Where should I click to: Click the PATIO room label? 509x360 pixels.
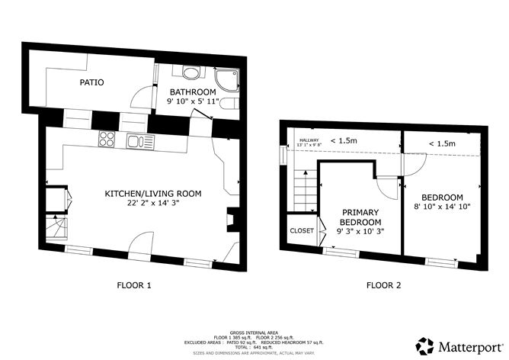[x=91, y=82]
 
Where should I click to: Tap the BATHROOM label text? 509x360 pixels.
[x=193, y=92]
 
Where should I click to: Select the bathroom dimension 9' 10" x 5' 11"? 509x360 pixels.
[x=194, y=101]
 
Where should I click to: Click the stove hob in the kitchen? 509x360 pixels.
[x=107, y=140]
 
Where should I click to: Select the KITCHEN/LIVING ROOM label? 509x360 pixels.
[x=152, y=194]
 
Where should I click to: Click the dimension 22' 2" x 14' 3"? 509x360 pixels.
[x=152, y=204]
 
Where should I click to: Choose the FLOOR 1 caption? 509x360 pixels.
[x=134, y=286]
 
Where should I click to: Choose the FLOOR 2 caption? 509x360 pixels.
[x=384, y=286]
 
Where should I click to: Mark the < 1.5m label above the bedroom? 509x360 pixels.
[x=441, y=143]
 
